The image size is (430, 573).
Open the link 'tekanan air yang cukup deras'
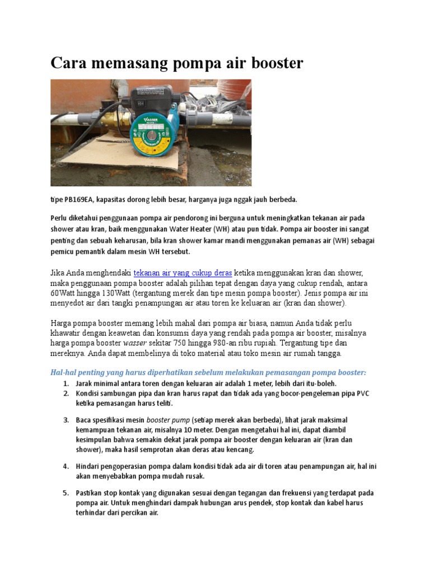(x=183, y=273)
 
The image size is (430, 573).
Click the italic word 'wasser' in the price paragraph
(x=134, y=343)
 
